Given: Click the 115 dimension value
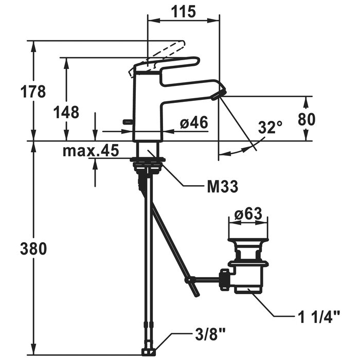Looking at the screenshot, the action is [x=184, y=11].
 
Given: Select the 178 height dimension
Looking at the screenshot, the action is [x=33, y=92].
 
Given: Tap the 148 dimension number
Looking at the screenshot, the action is [x=66, y=112].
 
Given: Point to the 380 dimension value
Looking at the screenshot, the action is [x=33, y=249].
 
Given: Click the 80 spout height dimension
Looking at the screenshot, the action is [x=307, y=119].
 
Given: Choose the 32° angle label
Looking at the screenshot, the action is [x=270, y=127].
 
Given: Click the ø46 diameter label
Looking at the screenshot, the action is [x=194, y=122].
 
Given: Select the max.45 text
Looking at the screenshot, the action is [x=91, y=151].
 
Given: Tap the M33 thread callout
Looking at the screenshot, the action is [x=223, y=186].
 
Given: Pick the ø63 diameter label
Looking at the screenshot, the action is [x=248, y=214].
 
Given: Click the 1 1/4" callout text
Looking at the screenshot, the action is [x=319, y=317].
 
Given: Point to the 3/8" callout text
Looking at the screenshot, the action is [x=210, y=334].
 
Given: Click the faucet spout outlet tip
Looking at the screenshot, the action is [x=219, y=94].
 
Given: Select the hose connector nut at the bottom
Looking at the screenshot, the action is [x=148, y=352].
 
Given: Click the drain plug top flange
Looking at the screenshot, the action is [x=248, y=240].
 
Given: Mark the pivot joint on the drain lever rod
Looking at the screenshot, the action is [x=188, y=280].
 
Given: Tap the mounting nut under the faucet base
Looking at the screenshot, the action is [x=148, y=159].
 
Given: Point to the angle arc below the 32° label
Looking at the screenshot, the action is [x=242, y=149].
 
